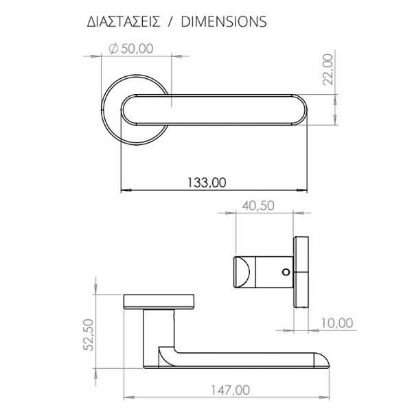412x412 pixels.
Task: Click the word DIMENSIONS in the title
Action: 223,21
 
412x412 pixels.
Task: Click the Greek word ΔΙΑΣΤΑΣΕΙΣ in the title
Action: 121,21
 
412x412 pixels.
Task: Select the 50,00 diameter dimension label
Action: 136,47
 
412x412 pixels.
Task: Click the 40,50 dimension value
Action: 258,205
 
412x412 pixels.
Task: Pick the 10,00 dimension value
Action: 336,323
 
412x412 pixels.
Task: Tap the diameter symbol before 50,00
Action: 113,47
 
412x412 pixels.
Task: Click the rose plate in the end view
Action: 301,272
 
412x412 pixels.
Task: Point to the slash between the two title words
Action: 170,21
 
